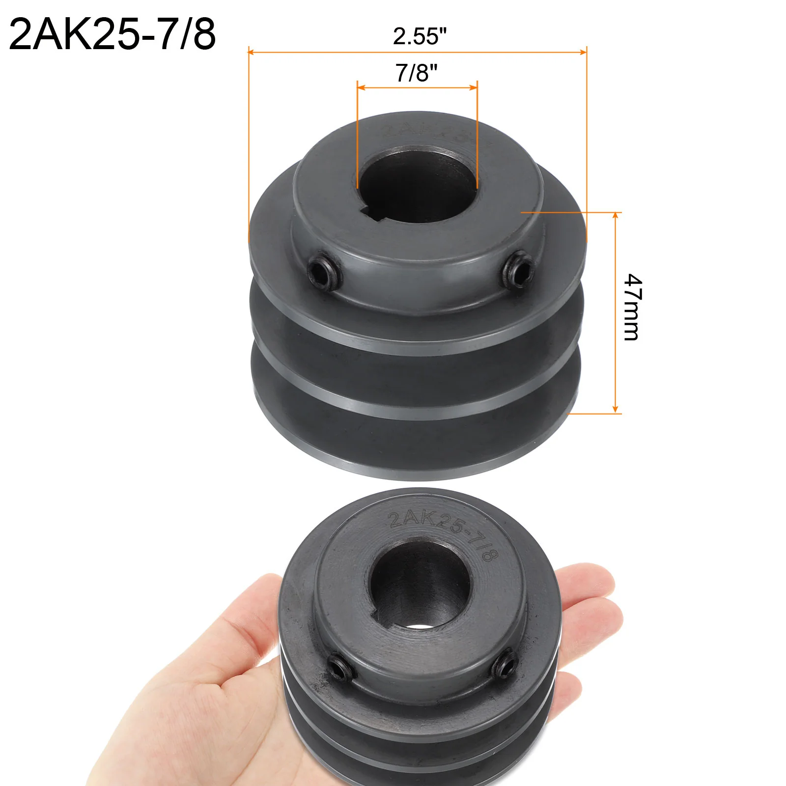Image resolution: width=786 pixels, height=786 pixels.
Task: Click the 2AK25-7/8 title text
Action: (112, 34)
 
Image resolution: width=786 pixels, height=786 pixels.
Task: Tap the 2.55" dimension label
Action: (420, 36)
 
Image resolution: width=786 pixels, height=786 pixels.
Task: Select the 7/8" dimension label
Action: (417, 73)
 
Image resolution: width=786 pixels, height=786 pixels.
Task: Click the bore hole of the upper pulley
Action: (418, 187)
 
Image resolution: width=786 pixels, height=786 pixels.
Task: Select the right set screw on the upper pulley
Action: (519, 268)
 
